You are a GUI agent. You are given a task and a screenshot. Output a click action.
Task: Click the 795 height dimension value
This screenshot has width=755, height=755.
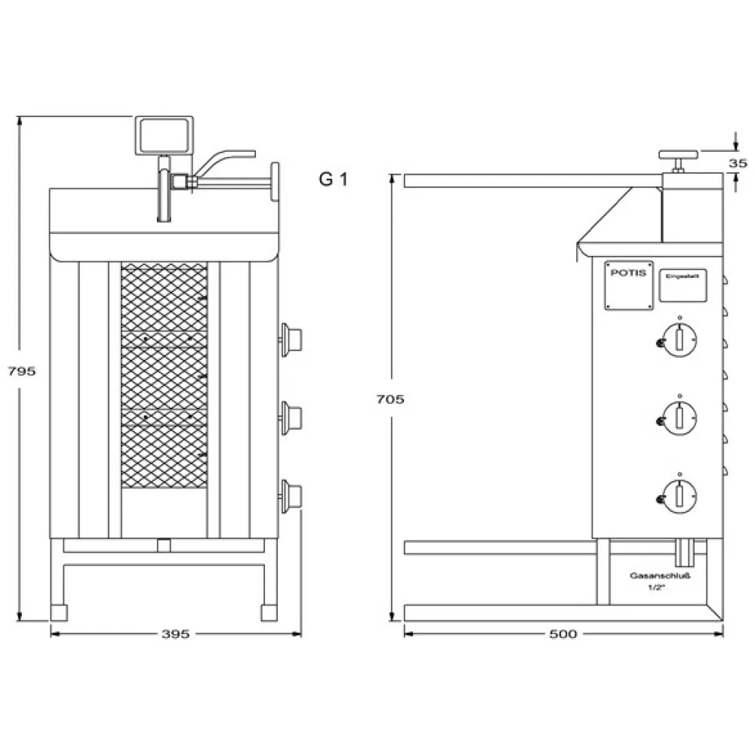pyautogui.click(x=21, y=371)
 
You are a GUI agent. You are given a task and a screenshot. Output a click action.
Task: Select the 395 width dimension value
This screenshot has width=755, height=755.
pyautogui.click(x=175, y=634)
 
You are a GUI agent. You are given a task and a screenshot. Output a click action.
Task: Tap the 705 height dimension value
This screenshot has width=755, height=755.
pyautogui.click(x=390, y=399)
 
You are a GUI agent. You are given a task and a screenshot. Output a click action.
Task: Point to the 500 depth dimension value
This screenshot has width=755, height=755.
pyautogui.click(x=562, y=634)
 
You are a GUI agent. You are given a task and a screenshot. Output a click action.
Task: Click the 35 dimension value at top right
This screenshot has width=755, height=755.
pyautogui.click(x=738, y=162)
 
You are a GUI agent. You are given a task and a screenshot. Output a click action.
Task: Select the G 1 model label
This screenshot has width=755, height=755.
pyautogui.click(x=332, y=180)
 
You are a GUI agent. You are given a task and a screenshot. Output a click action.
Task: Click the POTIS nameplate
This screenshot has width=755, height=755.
pyautogui.click(x=627, y=285)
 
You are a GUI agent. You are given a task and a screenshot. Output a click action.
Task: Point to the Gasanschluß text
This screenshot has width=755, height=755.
pyautogui.click(x=661, y=575)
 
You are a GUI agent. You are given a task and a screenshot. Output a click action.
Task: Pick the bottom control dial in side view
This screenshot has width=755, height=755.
pyautogui.click(x=678, y=495)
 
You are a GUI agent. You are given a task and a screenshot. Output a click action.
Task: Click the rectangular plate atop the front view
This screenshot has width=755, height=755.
pyautogui.click(x=163, y=136)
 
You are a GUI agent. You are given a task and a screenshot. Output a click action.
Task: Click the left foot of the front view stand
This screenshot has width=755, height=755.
pyautogui.click(x=59, y=611)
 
